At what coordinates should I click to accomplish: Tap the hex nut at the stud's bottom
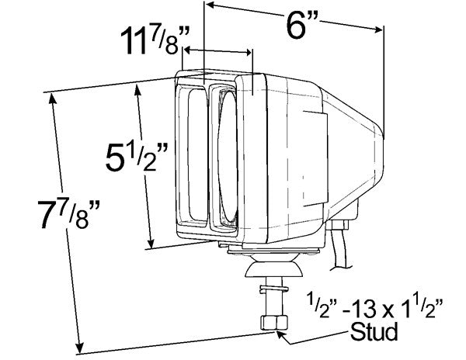pyautogui.click(x=276, y=323)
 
